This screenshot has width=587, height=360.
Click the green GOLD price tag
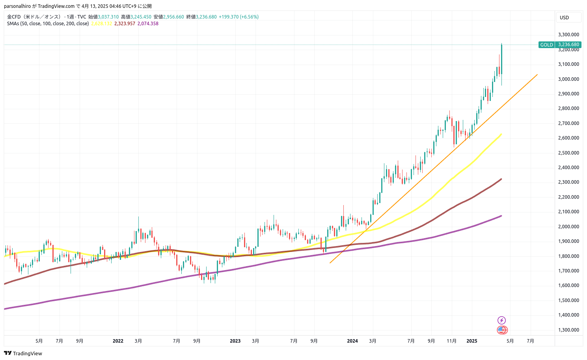tap(546, 45)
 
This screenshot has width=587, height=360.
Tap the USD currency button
tap(565, 17)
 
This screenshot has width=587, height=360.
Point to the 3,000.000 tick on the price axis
tap(568, 79)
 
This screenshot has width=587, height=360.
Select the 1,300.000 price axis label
tap(568, 330)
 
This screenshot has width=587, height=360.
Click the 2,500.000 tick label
tap(568, 153)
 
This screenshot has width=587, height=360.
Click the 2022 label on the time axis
tap(118, 341)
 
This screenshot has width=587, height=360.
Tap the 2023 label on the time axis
tap(235, 341)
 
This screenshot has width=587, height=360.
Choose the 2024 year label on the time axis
tap(352, 341)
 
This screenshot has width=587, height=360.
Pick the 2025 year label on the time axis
tap(471, 341)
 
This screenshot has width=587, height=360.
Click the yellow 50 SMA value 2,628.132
tap(101, 24)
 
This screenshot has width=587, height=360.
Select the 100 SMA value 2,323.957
tap(125, 24)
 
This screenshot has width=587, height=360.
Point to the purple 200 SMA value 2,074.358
tap(148, 24)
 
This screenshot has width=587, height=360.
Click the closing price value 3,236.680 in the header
tap(206, 17)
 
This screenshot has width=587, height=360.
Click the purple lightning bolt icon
tap(501, 320)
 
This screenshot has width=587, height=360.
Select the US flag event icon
tap(502, 330)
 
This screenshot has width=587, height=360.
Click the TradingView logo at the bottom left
tap(23, 353)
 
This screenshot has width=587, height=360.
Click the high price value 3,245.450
tap(141, 17)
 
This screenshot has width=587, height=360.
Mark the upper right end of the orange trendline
tap(537, 74)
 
